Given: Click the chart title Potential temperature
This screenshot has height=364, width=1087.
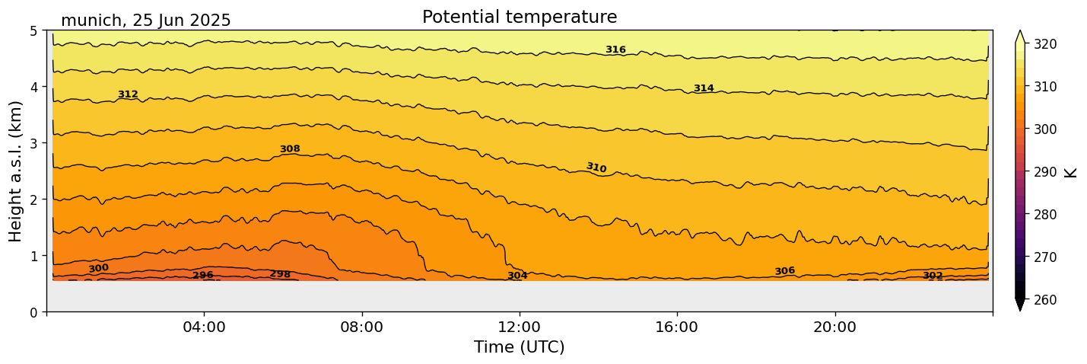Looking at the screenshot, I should tap(520, 18).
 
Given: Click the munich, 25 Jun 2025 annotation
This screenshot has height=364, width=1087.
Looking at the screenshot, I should tap(145, 21).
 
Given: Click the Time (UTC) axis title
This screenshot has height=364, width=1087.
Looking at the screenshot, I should tap(520, 347).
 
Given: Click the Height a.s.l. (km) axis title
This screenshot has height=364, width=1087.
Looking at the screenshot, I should tap(16, 171).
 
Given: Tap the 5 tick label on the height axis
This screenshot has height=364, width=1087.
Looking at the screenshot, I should tap(33, 31).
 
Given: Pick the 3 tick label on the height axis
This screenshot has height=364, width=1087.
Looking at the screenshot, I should tap(33, 143).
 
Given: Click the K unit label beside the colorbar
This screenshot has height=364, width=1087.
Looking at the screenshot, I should tap(1071, 172).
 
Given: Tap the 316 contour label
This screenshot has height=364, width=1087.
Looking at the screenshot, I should tap(615, 50).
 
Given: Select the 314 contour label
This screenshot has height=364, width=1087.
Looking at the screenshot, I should tap(704, 88).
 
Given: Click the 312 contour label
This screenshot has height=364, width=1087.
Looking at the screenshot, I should tap(128, 94).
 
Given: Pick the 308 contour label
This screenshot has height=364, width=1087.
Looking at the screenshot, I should tap(290, 149).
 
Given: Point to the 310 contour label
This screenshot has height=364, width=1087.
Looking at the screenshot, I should tap(596, 168).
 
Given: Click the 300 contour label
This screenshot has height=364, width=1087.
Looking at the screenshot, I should tap(98, 268).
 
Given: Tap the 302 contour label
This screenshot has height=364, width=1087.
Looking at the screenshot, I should tap(933, 276).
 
